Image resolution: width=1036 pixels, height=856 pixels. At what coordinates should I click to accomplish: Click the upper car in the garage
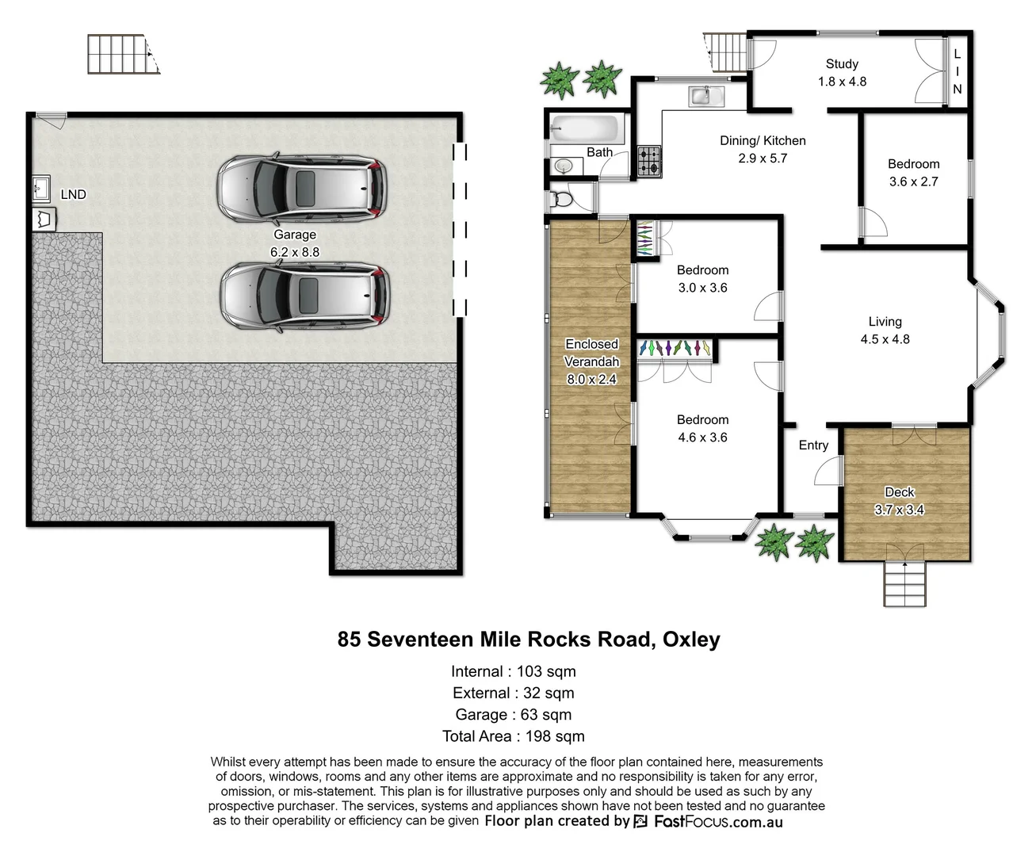pyautogui.click(x=302, y=187)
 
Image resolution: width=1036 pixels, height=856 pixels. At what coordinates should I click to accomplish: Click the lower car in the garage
pyautogui.click(x=304, y=296)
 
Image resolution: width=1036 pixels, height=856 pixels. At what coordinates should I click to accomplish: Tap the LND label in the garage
pyautogui.click(x=73, y=194)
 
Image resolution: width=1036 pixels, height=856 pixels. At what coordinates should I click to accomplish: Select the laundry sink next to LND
pyautogui.click(x=41, y=189)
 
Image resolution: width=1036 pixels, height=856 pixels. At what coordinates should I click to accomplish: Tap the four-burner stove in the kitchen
pyautogui.click(x=650, y=162)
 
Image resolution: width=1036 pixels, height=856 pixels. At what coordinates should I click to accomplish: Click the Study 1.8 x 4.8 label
pyautogui.click(x=842, y=72)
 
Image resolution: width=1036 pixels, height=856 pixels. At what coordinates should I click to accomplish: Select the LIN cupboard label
pyautogui.click(x=958, y=71)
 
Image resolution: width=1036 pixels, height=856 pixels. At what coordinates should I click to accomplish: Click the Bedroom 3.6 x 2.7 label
pyautogui.click(x=913, y=172)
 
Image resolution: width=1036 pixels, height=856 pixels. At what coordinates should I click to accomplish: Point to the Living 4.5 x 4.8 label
pyautogui.click(x=885, y=330)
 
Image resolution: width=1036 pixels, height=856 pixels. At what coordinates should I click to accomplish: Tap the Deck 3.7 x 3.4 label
pyautogui.click(x=899, y=501)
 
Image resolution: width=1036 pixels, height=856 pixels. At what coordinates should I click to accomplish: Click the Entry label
pyautogui.click(x=813, y=445)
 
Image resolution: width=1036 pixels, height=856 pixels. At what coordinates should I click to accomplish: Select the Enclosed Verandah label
pyautogui.click(x=591, y=361)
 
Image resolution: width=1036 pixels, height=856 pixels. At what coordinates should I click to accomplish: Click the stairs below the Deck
pyautogui.click(x=904, y=584)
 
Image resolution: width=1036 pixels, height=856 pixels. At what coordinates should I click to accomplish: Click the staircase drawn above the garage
pyautogui.click(x=122, y=54)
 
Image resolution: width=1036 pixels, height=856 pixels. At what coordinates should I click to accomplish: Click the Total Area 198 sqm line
pyautogui.click(x=514, y=736)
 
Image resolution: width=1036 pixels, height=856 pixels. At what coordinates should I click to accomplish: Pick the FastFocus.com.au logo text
pyautogui.click(x=718, y=822)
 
